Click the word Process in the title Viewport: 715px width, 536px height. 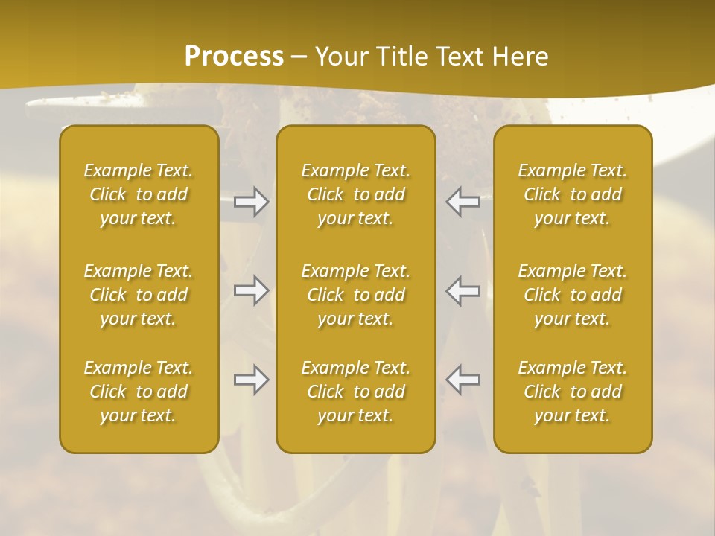234,57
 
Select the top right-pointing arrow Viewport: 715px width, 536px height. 251,201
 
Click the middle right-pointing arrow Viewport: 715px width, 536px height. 251,290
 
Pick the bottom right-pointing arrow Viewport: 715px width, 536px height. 251,380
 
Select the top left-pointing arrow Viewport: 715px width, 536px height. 463,201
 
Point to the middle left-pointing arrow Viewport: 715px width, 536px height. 463,290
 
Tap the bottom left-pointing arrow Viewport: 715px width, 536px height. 463,380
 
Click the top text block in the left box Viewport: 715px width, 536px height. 139,194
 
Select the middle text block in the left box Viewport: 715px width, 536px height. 139,295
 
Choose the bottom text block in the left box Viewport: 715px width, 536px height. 139,392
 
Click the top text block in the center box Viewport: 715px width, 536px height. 356,194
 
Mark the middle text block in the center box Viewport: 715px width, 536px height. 356,295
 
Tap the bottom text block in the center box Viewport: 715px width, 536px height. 356,392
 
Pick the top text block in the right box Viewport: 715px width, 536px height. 573,194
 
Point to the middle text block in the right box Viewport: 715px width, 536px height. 573,295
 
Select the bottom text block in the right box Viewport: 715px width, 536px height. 573,392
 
